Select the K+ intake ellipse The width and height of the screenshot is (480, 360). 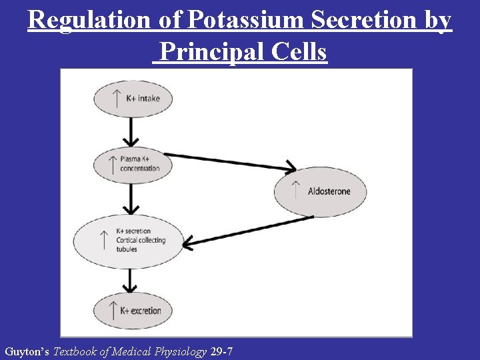tap(133, 99)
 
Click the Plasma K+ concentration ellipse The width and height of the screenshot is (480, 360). tap(133, 163)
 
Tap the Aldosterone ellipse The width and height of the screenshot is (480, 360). tap(321, 191)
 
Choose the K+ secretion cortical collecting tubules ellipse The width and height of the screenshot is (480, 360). tap(128, 240)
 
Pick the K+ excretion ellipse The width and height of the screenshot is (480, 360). tap(133, 310)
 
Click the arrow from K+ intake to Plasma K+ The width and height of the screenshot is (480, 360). tap(133, 131)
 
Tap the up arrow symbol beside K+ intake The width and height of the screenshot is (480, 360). tap(116, 99)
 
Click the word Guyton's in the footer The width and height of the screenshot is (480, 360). tap(27, 351)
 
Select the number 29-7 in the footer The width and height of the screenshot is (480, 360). tap(221, 351)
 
